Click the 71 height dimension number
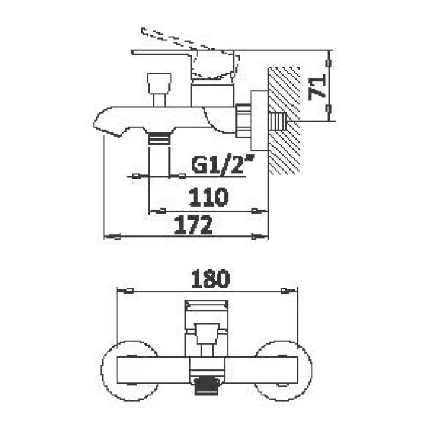[x=317, y=87]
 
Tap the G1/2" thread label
[x=222, y=164]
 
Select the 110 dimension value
[x=209, y=197]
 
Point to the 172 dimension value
[x=194, y=225]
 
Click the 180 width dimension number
[x=210, y=279]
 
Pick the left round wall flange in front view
[x=102, y=371]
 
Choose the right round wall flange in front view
[x=311, y=371]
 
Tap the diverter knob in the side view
[x=159, y=83]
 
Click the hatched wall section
[x=284, y=121]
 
